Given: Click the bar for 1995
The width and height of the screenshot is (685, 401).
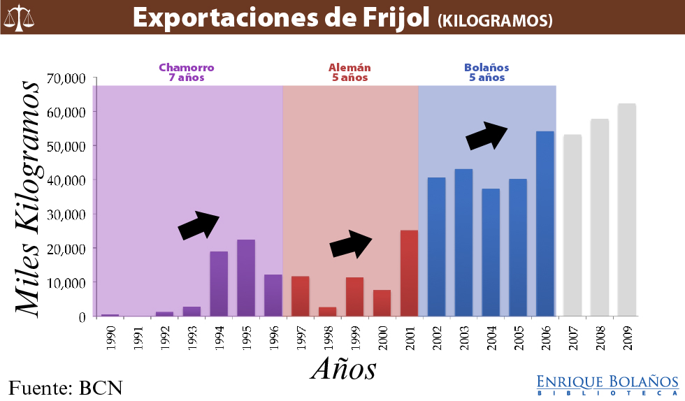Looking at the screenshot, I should pyautogui.click(x=246, y=278).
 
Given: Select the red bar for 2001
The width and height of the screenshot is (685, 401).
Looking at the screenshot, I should pyautogui.click(x=409, y=273).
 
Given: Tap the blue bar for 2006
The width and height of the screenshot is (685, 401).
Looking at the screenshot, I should pyautogui.click(x=545, y=224).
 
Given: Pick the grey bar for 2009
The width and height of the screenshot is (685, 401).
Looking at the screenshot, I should pyautogui.click(x=627, y=210).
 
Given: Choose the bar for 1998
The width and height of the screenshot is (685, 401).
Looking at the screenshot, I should pyautogui.click(x=328, y=312).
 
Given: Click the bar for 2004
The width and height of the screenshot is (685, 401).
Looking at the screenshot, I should pyautogui.click(x=491, y=252).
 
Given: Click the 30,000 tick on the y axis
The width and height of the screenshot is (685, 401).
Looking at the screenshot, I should pyautogui.click(x=66, y=214).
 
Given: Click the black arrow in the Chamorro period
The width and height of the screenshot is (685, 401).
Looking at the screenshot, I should pyautogui.click(x=199, y=225).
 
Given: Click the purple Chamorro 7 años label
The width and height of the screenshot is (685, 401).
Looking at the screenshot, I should pyautogui.click(x=186, y=73).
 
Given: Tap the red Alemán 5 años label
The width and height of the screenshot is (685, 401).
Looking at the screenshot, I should pyautogui.click(x=349, y=73).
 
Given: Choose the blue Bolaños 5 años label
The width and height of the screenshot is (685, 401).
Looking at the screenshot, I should pyautogui.click(x=486, y=73).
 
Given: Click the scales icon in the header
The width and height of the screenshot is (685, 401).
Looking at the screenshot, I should pyautogui.click(x=20, y=17).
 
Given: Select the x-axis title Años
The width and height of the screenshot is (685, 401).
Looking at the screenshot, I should pyautogui.click(x=343, y=368).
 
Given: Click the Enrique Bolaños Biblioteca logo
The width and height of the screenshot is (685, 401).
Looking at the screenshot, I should pyautogui.click(x=607, y=384).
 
